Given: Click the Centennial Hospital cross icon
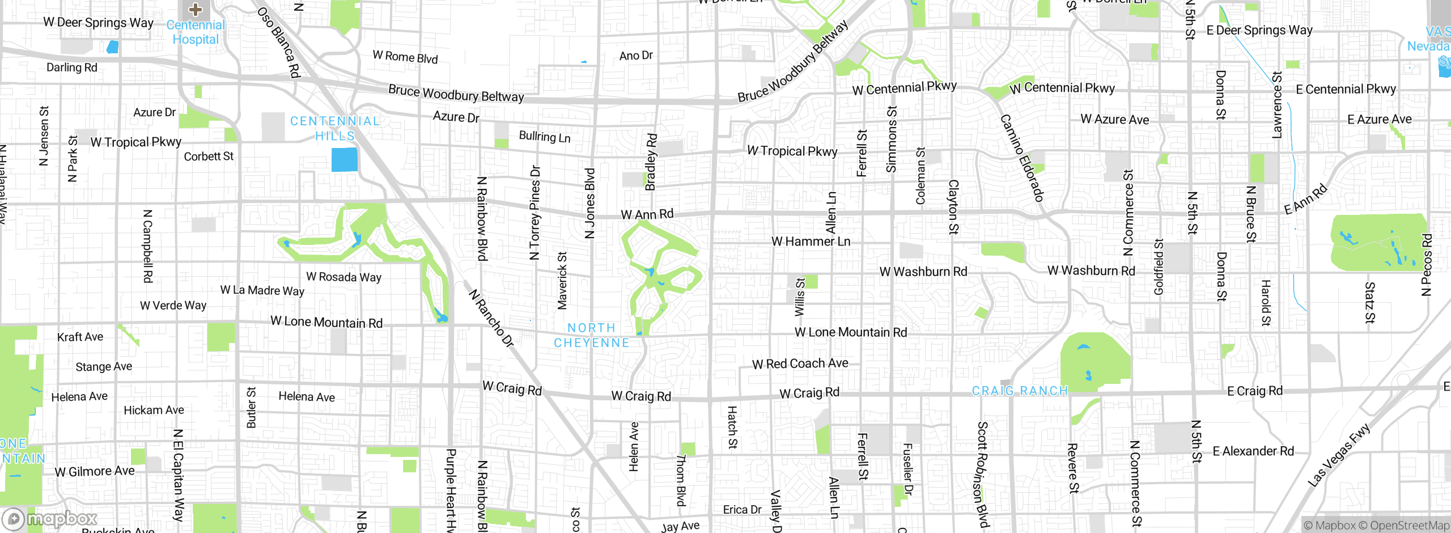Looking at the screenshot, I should [x=196, y=9].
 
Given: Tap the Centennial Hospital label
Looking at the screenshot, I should [x=196, y=32].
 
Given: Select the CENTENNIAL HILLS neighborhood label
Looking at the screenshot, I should [x=335, y=128].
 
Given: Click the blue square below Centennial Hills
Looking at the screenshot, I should [x=345, y=159].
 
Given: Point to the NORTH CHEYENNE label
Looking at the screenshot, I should [x=592, y=335].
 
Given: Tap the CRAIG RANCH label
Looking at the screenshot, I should [x=1020, y=391].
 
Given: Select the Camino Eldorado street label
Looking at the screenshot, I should [x=1021, y=158].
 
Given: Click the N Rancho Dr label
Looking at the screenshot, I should [x=491, y=318].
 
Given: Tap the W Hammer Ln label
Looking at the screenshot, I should [x=811, y=242].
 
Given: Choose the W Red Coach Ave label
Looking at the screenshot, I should [x=800, y=363].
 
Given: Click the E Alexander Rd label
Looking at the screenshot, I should [x=1253, y=451].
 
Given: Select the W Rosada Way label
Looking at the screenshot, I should [x=343, y=277].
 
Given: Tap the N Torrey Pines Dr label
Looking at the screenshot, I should [x=534, y=213].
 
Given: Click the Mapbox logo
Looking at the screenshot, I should [x=50, y=518].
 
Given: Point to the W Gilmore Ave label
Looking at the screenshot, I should [x=95, y=471].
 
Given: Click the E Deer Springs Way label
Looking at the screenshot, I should [x=1259, y=30].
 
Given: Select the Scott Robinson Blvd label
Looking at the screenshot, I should [x=982, y=475].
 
